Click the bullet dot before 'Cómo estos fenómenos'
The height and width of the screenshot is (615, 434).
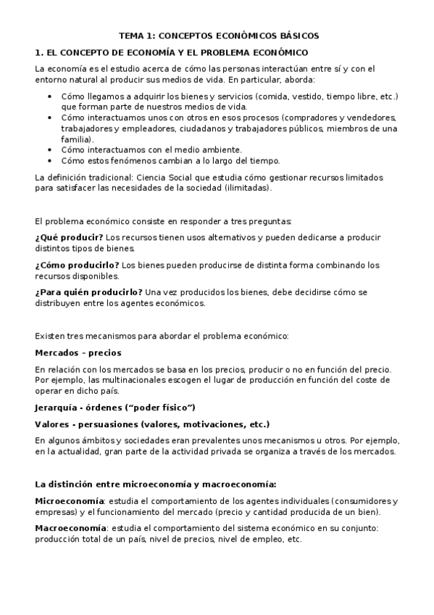click(x=49, y=160)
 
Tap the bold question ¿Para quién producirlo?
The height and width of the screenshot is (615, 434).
click(x=88, y=292)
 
